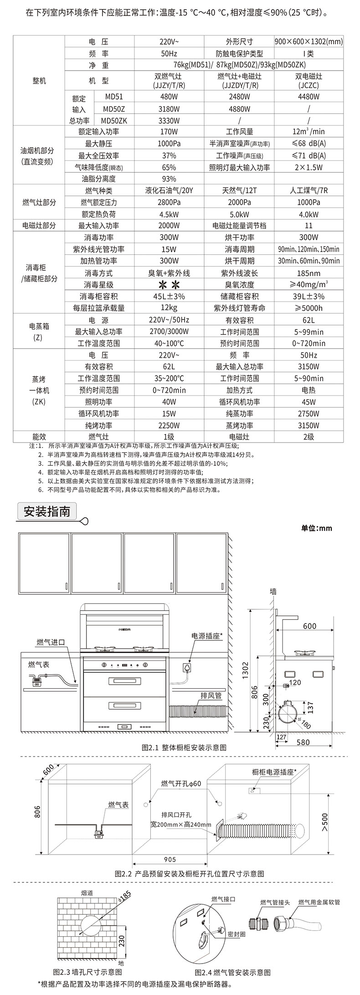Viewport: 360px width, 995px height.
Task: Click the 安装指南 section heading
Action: pyautogui.click(x=47, y=511)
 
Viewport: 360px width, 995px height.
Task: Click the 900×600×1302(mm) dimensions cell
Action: pyautogui.click(x=309, y=41)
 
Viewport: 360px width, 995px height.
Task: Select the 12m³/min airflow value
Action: pyautogui.click(x=309, y=132)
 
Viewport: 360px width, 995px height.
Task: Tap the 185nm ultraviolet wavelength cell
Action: pyautogui.click(x=309, y=273)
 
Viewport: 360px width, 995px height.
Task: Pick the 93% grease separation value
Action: pyautogui.click(x=169, y=179)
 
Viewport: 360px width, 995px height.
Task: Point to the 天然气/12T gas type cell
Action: pyautogui.click(x=238, y=191)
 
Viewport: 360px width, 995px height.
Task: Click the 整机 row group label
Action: pyautogui.click(x=39, y=81)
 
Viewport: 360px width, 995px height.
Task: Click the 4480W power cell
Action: pyautogui.click(x=309, y=97)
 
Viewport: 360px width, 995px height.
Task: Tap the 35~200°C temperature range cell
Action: pyautogui.click(x=169, y=378)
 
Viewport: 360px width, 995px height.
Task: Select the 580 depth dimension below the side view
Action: pyautogui.click(x=303, y=742)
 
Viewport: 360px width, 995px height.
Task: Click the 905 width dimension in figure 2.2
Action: pyautogui.click(x=170, y=860)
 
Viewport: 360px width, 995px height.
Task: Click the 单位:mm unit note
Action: pyautogui.click(x=317, y=528)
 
